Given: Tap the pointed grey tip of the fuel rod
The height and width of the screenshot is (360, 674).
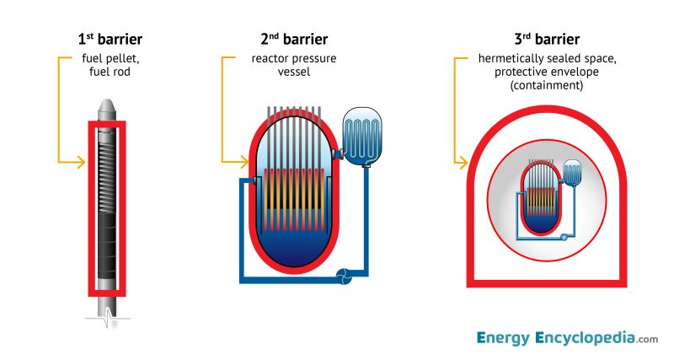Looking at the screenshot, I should pos(107,106).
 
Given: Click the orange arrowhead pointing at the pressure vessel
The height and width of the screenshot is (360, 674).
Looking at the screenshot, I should pos(244,161).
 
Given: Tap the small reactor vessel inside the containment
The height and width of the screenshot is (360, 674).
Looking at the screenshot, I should pos(539,198).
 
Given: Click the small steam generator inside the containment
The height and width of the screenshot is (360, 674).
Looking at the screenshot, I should pos(574,173).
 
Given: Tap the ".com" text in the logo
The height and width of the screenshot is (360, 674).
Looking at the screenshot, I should pos(648,341).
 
